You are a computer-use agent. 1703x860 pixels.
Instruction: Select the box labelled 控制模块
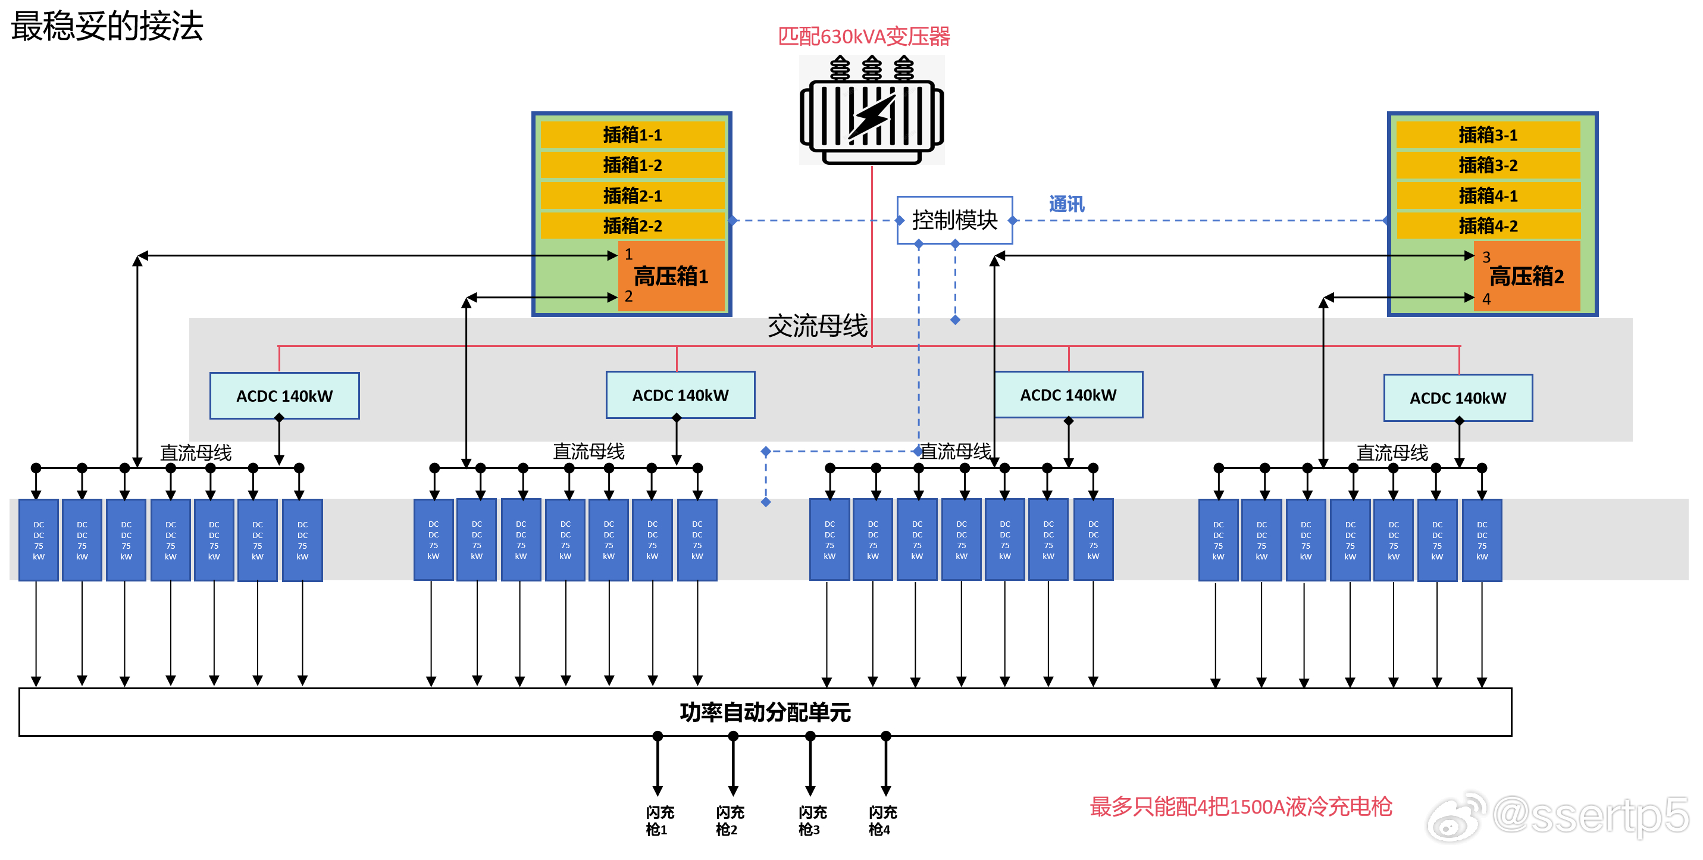point(954,220)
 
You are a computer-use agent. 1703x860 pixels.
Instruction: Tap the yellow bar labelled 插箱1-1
point(632,135)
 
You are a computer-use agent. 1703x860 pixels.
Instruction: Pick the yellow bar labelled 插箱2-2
point(632,226)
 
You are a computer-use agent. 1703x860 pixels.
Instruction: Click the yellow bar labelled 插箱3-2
point(1488,165)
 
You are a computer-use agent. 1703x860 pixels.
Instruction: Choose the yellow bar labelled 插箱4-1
point(1488,196)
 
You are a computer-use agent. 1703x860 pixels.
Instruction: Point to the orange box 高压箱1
point(671,276)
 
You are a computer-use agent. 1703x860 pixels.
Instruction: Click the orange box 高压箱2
point(1526,276)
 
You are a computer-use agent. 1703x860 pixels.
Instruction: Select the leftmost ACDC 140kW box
point(284,396)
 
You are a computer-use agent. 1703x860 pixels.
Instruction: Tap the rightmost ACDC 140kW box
point(1458,398)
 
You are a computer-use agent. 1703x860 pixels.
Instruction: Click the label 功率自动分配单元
point(765,712)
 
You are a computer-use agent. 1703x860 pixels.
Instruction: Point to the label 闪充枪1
point(659,820)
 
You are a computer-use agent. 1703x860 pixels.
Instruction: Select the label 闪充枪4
point(882,820)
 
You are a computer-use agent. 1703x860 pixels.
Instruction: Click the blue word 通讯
point(1066,204)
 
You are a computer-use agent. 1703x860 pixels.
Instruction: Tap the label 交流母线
point(817,326)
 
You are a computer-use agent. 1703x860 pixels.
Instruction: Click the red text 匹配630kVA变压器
point(863,36)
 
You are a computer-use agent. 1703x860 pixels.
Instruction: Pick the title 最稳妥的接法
point(107,26)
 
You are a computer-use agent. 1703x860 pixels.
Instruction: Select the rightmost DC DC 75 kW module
point(1482,540)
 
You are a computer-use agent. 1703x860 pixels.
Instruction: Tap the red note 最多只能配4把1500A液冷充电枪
point(1240,806)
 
